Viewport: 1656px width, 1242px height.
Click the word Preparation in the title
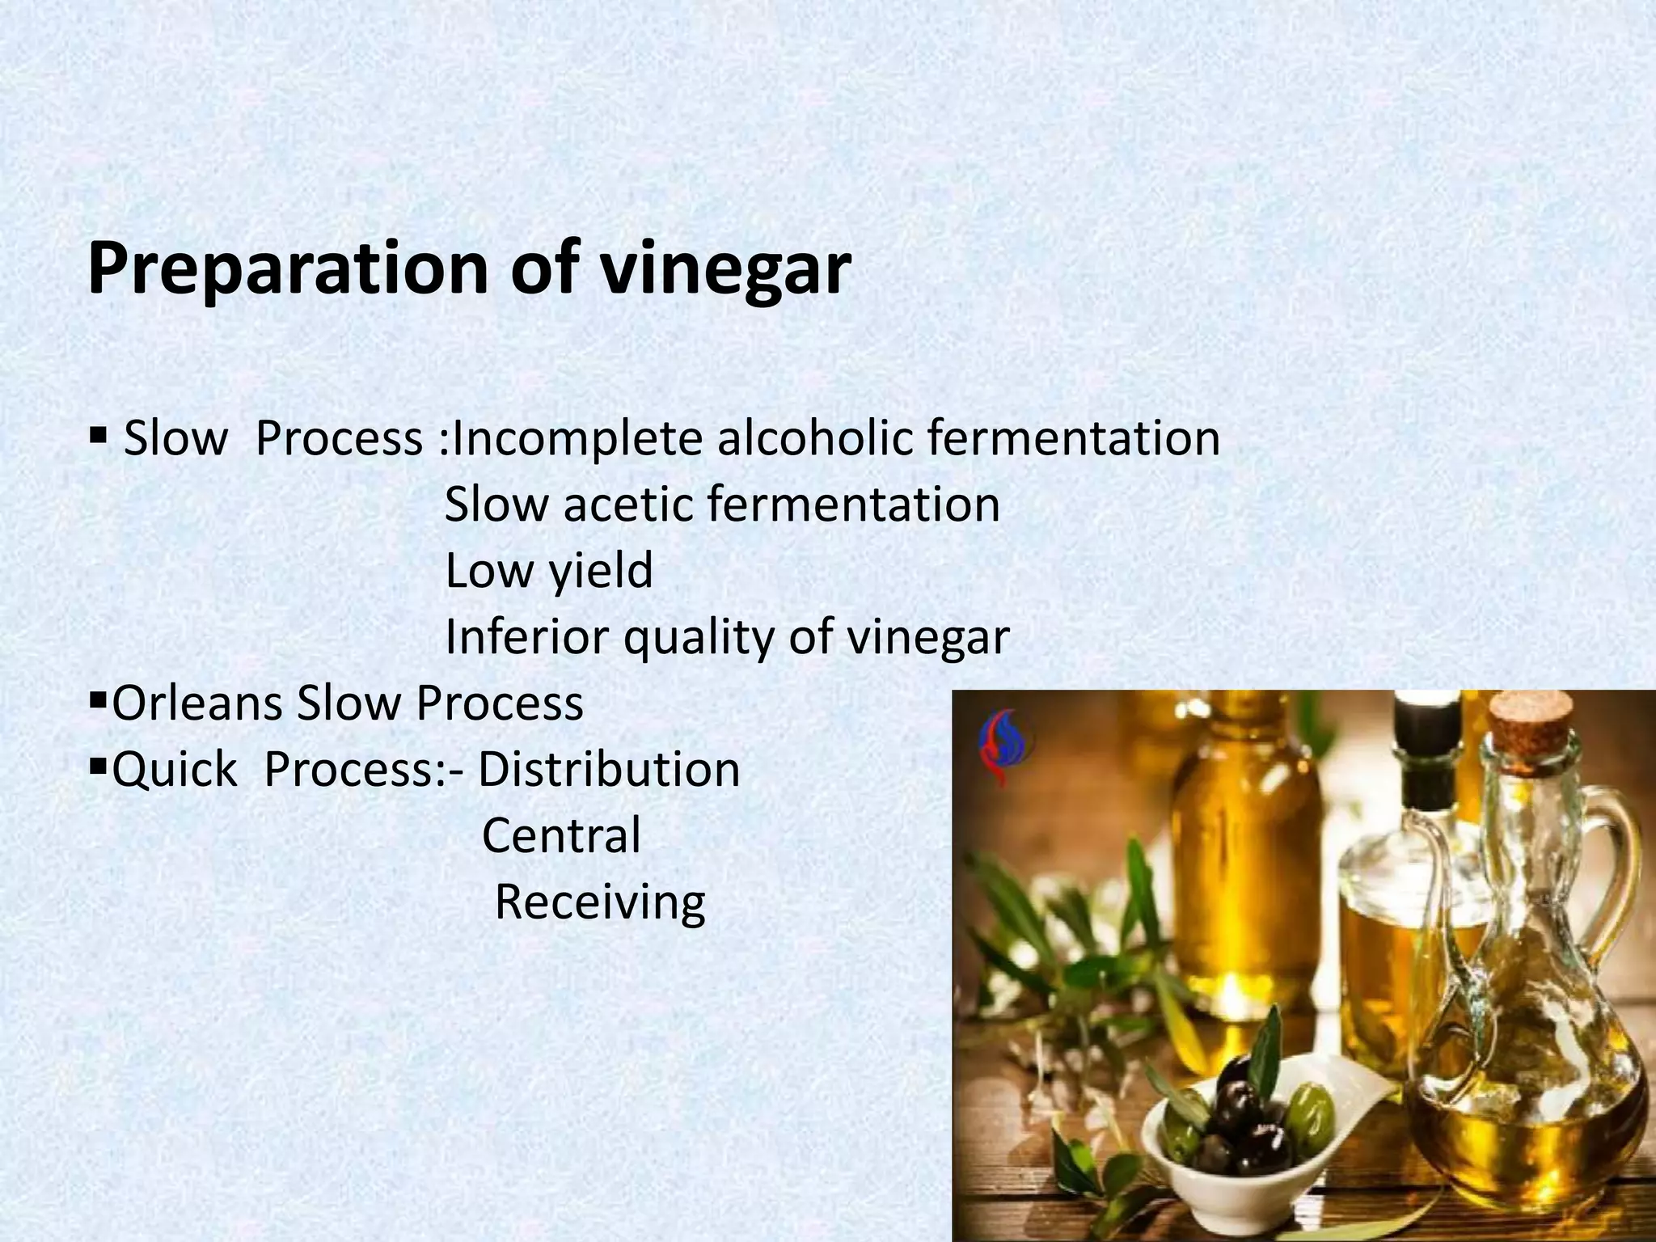(287, 270)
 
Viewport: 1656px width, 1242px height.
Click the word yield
(601, 572)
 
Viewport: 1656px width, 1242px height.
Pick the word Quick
(174, 771)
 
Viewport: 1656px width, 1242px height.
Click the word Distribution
(608, 771)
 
